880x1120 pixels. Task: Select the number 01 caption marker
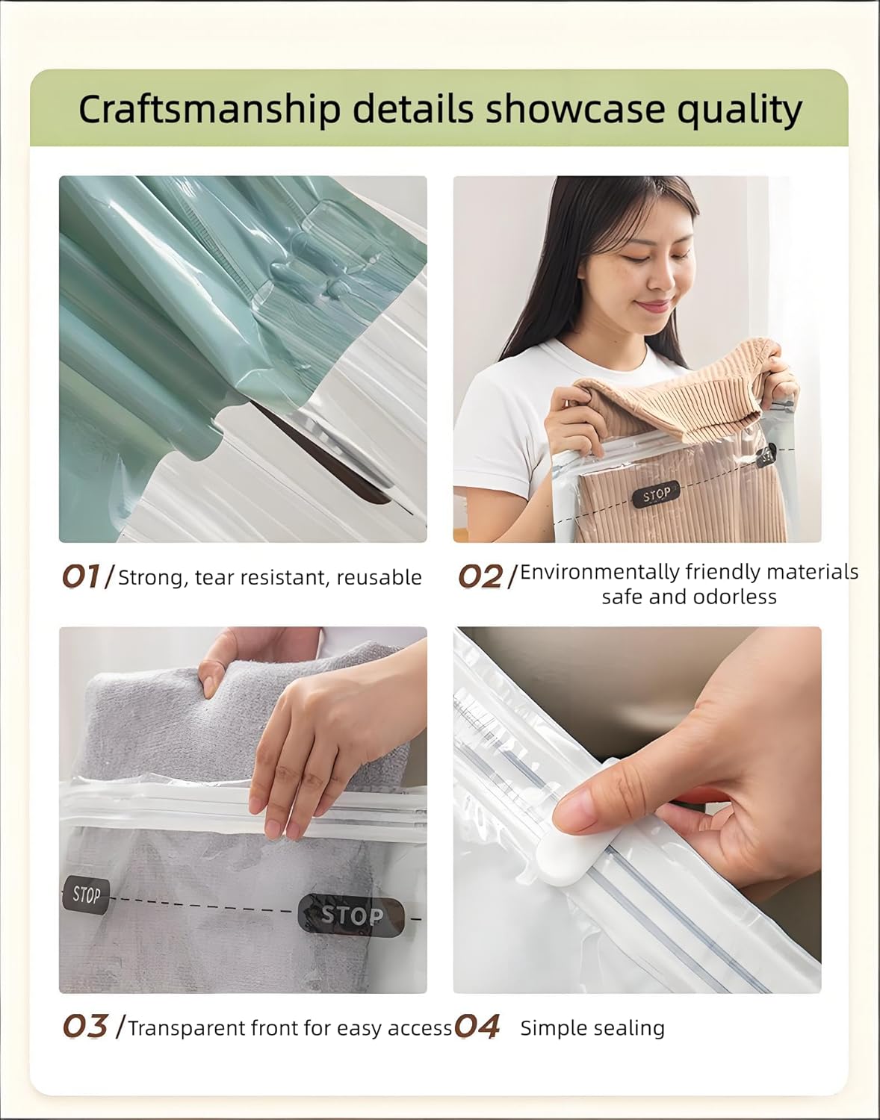point(81,576)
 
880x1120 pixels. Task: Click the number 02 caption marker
point(480,576)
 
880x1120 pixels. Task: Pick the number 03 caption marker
point(85,1027)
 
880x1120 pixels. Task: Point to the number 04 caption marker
point(477,1027)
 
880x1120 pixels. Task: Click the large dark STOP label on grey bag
point(351,915)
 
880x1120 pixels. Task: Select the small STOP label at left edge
point(86,894)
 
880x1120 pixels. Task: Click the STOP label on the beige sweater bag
point(657,494)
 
